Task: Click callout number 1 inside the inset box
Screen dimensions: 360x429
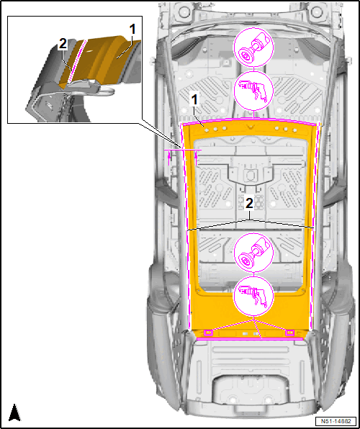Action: click(x=132, y=30)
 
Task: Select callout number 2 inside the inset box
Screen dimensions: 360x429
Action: click(x=63, y=45)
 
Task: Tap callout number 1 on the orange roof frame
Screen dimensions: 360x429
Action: click(x=194, y=101)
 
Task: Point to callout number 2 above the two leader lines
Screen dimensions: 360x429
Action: click(x=249, y=203)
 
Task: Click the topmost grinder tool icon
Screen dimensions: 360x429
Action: click(x=253, y=48)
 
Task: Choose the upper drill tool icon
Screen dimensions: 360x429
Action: click(x=253, y=91)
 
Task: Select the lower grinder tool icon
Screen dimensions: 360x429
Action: click(x=253, y=253)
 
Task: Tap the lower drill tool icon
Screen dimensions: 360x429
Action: click(x=253, y=297)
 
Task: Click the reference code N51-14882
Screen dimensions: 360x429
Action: click(x=336, y=421)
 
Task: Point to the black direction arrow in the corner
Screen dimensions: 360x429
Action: click(x=14, y=412)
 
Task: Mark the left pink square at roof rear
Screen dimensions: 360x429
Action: click(x=208, y=333)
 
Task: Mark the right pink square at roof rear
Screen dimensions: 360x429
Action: click(x=289, y=333)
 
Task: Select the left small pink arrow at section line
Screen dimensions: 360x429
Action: click(x=169, y=157)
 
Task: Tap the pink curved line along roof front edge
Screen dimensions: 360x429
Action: click(x=249, y=119)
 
